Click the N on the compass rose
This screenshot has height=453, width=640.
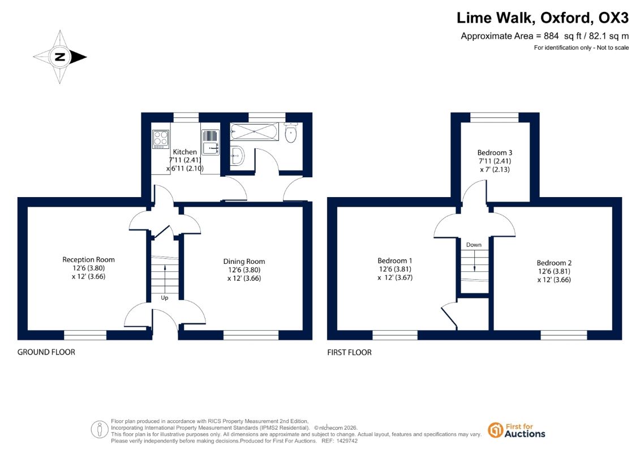(60, 57)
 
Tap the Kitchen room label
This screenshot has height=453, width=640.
(185, 152)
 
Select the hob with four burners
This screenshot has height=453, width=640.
(161, 139)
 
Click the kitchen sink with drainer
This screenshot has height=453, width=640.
(210, 142)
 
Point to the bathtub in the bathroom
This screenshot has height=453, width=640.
(254, 131)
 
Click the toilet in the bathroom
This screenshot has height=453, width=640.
(291, 133)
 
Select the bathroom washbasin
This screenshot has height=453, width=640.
(237, 155)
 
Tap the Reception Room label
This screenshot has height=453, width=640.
(89, 259)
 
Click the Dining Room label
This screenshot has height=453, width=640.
(244, 262)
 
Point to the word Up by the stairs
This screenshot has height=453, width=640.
(165, 298)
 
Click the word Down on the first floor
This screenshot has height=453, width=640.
(474, 245)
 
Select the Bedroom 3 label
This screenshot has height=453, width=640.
(495, 153)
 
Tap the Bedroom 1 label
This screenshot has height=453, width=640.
(394, 260)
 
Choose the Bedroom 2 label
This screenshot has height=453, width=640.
(554, 263)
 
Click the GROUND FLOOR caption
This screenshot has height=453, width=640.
(46, 352)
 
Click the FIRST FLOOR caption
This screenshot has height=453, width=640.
(349, 353)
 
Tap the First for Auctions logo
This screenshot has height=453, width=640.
(517, 430)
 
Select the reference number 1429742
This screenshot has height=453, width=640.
(345, 441)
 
